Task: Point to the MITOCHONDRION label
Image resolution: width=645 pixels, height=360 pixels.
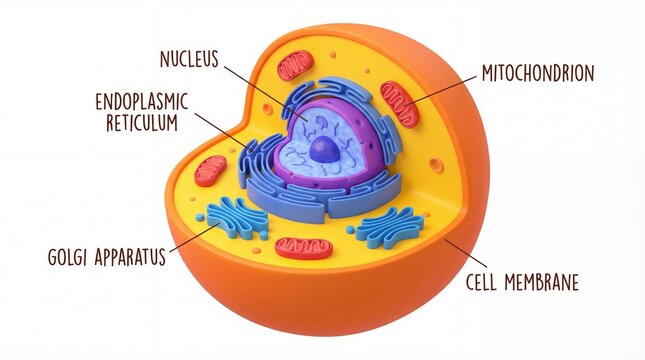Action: [538, 73]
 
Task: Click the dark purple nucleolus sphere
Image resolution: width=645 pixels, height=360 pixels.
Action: [325, 151]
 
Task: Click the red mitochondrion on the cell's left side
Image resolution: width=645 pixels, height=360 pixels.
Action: [211, 170]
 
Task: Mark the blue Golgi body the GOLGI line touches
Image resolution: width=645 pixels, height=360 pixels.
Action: [237, 217]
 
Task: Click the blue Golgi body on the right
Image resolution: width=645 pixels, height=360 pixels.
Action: [389, 226]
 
